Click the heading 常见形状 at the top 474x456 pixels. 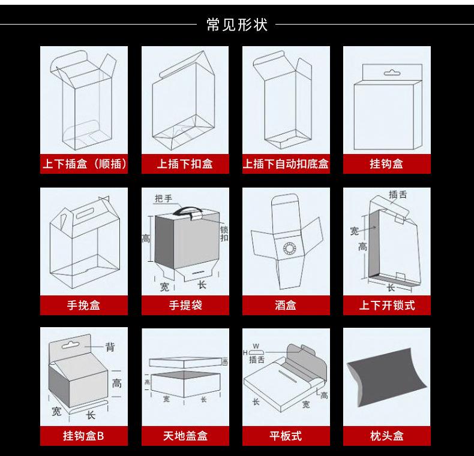pos(236,25)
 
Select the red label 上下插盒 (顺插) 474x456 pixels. pos(84,164)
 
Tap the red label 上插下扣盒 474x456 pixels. pos(185,164)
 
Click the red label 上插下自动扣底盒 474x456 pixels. pos(286,164)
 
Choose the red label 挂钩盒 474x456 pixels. pos(386,164)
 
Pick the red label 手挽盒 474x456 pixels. pos(84,306)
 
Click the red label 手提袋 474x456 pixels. pos(185,306)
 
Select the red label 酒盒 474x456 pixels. pos(286,306)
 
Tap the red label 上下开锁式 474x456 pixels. pos(386,306)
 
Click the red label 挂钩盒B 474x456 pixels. pos(84,436)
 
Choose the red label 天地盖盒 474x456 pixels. pos(185,436)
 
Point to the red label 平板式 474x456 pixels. pos(286,436)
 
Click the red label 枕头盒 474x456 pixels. pos(386,436)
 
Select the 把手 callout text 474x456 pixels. pos(163,198)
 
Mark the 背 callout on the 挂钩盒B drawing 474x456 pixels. pos(110,347)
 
